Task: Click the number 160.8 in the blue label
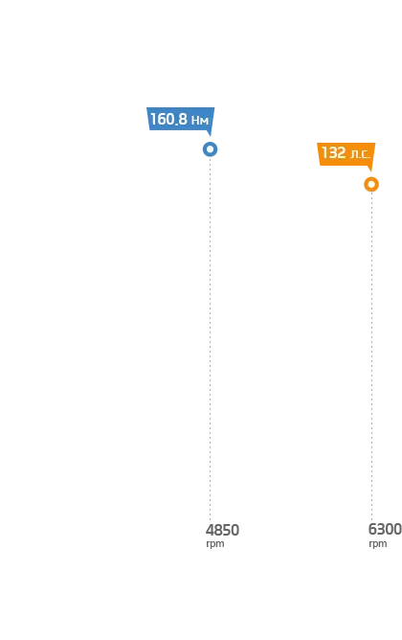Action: [x=168, y=119]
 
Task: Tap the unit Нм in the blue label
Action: [x=200, y=121]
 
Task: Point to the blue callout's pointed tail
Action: [x=210, y=135]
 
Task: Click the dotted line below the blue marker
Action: [x=210, y=339]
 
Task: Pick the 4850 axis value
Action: [x=222, y=530]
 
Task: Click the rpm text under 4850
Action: [x=214, y=544]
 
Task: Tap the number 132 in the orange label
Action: [x=333, y=152]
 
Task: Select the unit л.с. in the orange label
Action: [x=360, y=154]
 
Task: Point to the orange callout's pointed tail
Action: [x=370, y=170]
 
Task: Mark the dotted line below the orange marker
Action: [x=371, y=355]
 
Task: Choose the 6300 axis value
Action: [x=385, y=530]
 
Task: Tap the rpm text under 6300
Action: [x=377, y=544]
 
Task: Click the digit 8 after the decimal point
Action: [x=182, y=119]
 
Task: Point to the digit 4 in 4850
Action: [x=210, y=530]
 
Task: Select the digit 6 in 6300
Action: [x=372, y=530]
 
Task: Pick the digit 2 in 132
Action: [x=342, y=152]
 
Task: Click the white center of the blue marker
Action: [x=210, y=149]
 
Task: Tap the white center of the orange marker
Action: [x=371, y=185]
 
